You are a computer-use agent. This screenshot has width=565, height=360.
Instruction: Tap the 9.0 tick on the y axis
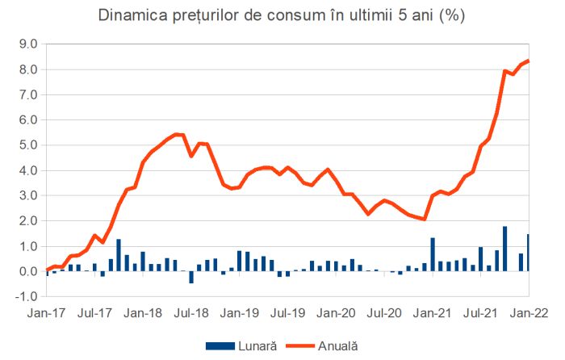[27, 44]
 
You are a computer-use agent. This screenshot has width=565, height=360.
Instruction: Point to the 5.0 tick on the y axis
[27, 145]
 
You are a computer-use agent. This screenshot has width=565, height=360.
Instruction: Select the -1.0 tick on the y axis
[26, 296]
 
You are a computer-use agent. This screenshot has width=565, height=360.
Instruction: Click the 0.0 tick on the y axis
[27, 271]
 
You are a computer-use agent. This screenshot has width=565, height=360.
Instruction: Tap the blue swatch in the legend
[216, 345]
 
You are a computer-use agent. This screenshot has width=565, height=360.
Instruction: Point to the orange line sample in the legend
[296, 345]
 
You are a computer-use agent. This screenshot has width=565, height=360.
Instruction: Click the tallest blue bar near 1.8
[504, 249]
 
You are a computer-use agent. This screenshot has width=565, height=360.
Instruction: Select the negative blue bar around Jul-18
[191, 277]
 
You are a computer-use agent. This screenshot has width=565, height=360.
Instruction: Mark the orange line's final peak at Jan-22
[528, 61]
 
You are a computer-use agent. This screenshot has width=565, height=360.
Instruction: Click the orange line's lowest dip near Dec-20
[424, 219]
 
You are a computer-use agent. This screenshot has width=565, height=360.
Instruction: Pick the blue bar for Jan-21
[433, 254]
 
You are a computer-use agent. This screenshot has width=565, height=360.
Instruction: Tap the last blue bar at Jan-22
[528, 253]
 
